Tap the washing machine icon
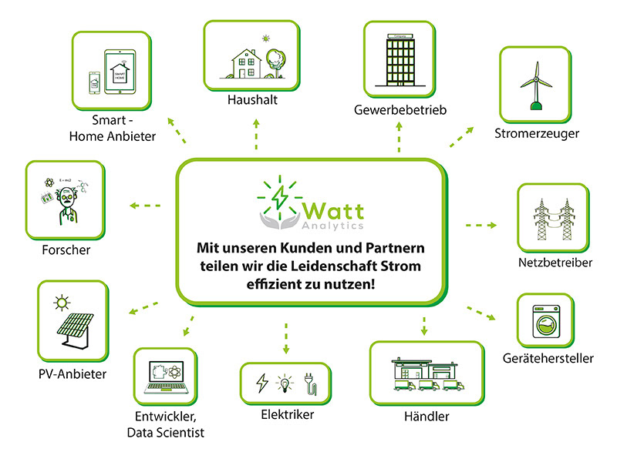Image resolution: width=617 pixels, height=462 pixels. click(547, 322)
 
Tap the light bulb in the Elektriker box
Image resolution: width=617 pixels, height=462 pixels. click(286, 382)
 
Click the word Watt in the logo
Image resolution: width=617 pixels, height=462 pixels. click(334, 209)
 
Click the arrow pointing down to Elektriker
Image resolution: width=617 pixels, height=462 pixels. click(286, 339)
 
